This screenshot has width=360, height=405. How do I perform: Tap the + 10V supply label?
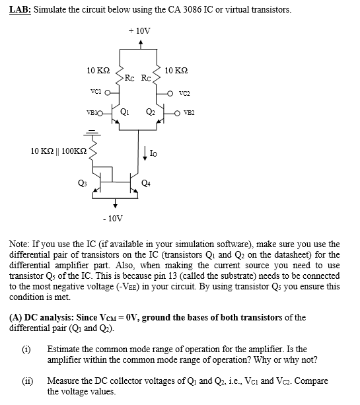point(139,30)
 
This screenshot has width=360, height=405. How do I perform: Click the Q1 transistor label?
point(125,110)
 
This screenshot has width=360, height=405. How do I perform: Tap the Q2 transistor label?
point(151,110)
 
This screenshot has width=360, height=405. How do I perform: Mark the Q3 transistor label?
point(82,183)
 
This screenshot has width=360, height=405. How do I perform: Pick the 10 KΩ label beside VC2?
point(176,70)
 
